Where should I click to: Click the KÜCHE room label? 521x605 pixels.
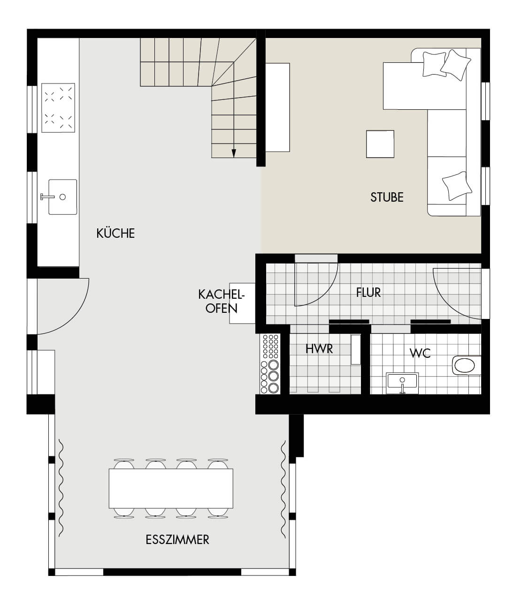click(x=115, y=233)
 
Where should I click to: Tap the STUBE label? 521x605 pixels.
click(x=387, y=197)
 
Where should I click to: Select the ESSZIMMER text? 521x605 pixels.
click(x=177, y=539)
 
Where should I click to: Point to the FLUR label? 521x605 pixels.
click(x=368, y=292)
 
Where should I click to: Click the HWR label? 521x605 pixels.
click(x=319, y=348)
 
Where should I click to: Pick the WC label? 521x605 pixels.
click(x=420, y=353)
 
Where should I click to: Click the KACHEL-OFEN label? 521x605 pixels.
click(x=221, y=301)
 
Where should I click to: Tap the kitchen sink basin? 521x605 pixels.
click(x=63, y=197)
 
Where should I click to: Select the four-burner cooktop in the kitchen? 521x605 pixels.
click(x=58, y=108)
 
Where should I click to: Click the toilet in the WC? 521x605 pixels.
click(x=466, y=365)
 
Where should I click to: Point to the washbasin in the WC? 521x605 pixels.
click(x=402, y=383)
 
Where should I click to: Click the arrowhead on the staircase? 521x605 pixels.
click(x=234, y=153)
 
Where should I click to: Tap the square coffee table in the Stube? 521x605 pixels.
click(x=380, y=144)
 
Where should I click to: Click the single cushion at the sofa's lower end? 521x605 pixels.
click(x=457, y=186)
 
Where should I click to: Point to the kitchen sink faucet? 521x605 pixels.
click(x=47, y=197)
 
